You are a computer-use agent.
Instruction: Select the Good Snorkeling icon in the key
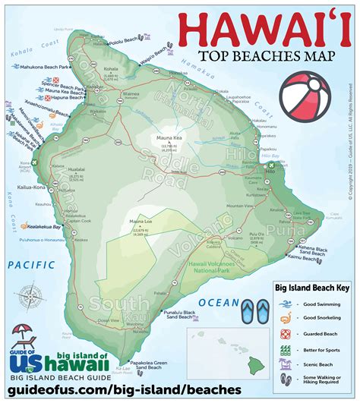[285, 319]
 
